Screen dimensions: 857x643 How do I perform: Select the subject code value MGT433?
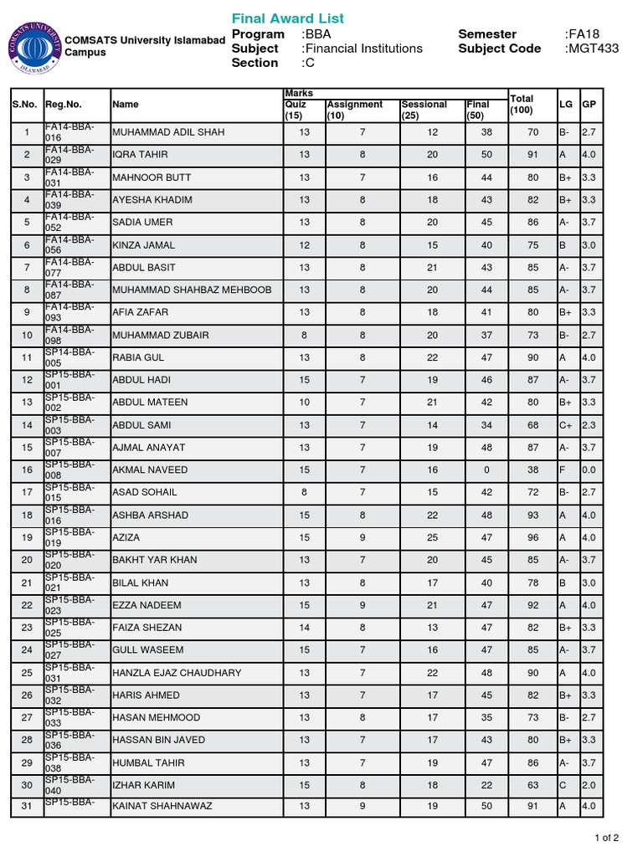pos(592,49)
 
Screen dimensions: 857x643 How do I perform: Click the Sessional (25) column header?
pos(424,110)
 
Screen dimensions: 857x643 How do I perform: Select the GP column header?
pos(589,105)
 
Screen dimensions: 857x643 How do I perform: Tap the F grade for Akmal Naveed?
pos(563,470)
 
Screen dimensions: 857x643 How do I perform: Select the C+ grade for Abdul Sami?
pos(566,425)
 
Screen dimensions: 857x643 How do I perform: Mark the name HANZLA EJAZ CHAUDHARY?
pos(177,673)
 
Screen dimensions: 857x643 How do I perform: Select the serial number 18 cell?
pos(27,516)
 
